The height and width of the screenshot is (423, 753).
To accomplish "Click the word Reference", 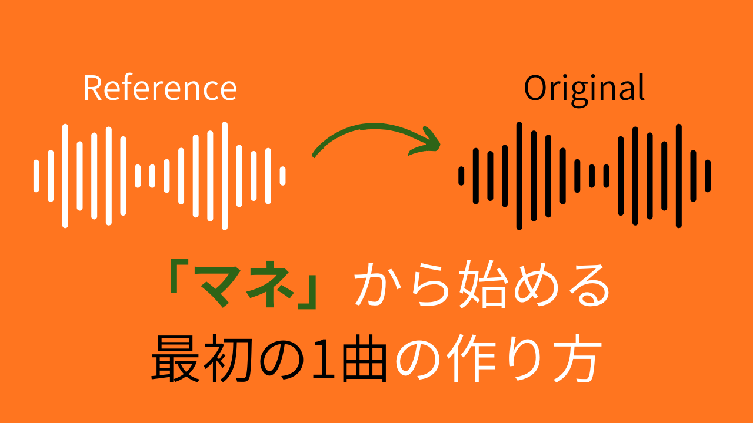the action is click(160, 88).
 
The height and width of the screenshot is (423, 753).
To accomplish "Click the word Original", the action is click(584, 90).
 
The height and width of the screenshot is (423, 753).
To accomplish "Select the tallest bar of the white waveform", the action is click(225, 176).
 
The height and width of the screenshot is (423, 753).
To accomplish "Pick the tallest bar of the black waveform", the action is click(519, 176).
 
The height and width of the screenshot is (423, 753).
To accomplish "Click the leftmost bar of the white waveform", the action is click(36, 176).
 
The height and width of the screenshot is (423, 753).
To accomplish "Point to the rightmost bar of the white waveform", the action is click(283, 176).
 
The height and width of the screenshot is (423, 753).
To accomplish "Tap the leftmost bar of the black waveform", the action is click(461, 176).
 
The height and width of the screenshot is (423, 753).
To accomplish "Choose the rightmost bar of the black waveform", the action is click(708, 176).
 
